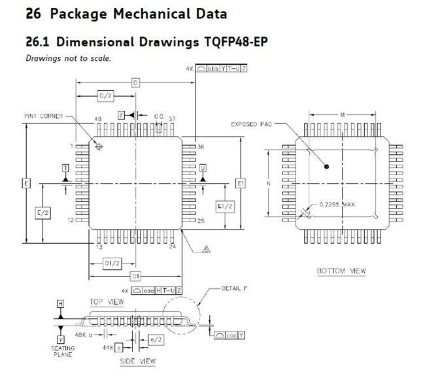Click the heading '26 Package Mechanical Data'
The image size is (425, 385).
[126, 14]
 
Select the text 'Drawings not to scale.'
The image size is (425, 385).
[68, 59]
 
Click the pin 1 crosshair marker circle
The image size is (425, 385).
[99, 148]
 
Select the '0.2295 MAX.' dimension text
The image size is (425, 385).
[337, 205]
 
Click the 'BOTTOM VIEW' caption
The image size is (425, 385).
[341, 271]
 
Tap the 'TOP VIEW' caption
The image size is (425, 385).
[106, 301]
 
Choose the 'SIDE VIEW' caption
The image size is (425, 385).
[137, 361]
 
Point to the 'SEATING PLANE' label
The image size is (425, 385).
[63, 352]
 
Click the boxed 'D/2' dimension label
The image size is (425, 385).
[105, 95]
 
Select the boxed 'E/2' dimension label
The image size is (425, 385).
[42, 212]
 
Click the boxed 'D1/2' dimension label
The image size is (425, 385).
[112, 263]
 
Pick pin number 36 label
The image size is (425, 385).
[201, 147]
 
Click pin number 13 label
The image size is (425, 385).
[99, 247]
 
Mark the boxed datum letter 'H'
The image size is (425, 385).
[60, 305]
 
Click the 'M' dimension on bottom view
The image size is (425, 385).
[342, 115]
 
